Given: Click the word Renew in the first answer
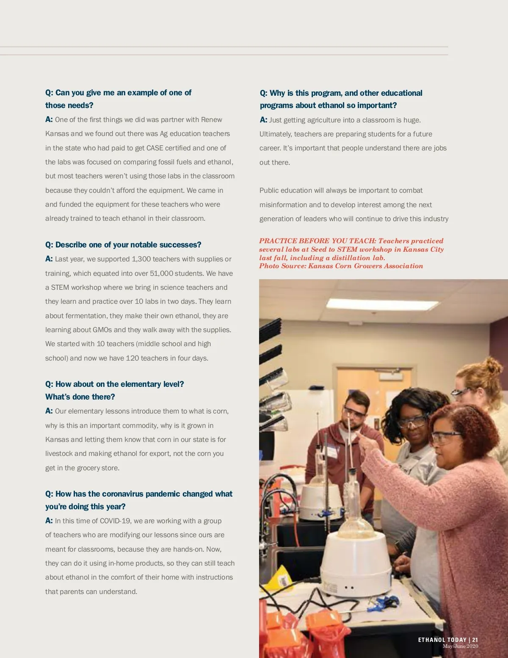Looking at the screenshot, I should [x=211, y=120].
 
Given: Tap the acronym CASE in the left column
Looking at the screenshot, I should [x=155, y=148].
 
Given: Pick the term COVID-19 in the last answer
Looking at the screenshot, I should [x=115, y=521].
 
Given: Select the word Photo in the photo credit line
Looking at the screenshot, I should [x=269, y=266].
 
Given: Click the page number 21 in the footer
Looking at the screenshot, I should [x=475, y=640].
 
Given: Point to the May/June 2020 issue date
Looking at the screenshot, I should [x=460, y=646].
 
